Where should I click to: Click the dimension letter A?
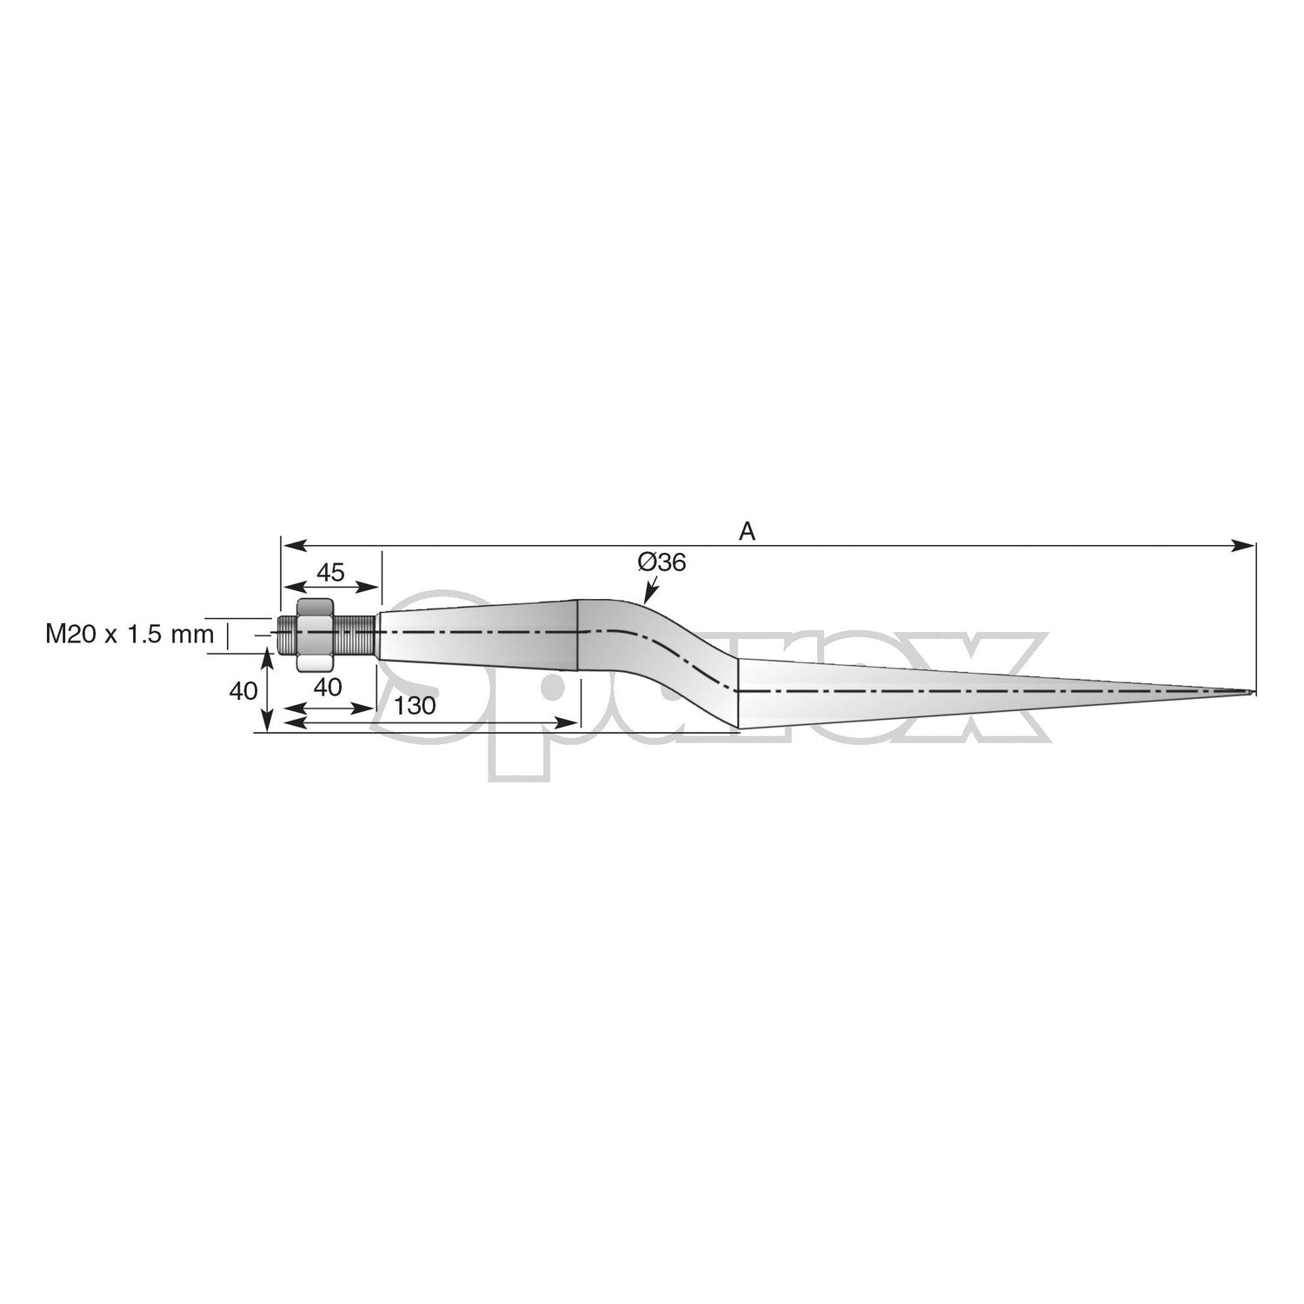tap(747, 531)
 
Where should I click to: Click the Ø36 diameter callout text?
tap(662, 562)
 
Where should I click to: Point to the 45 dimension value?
tap(330, 572)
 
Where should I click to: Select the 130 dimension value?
tap(415, 705)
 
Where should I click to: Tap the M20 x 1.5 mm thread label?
tap(129, 634)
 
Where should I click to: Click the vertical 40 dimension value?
tap(243, 691)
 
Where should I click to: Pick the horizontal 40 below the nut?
tap(327, 686)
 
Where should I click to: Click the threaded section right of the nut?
tap(356, 634)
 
